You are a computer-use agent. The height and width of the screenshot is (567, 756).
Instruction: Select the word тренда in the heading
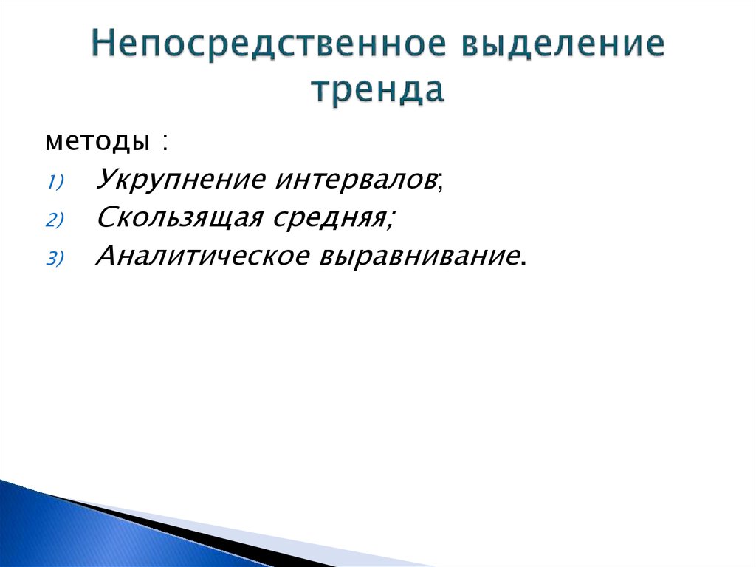(377, 90)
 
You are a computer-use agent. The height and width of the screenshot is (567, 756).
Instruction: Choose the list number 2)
(58, 220)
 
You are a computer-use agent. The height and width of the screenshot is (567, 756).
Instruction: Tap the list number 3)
(58, 258)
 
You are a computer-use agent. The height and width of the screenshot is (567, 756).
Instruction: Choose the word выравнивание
(419, 256)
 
